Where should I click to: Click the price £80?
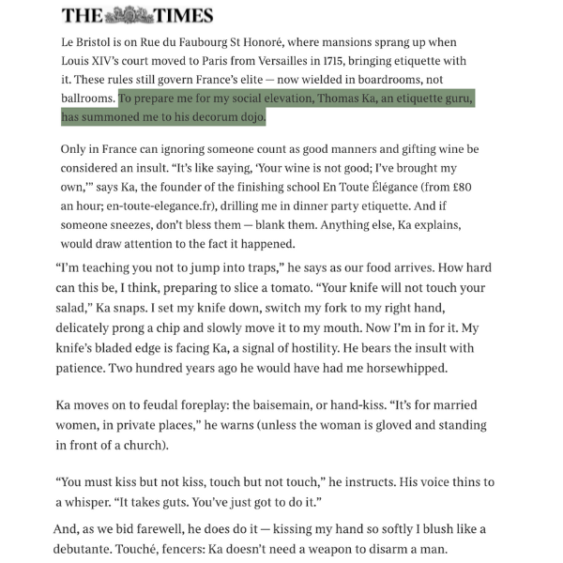pyautogui.click(x=458, y=186)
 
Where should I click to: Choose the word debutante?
pyautogui.click(x=93, y=550)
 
